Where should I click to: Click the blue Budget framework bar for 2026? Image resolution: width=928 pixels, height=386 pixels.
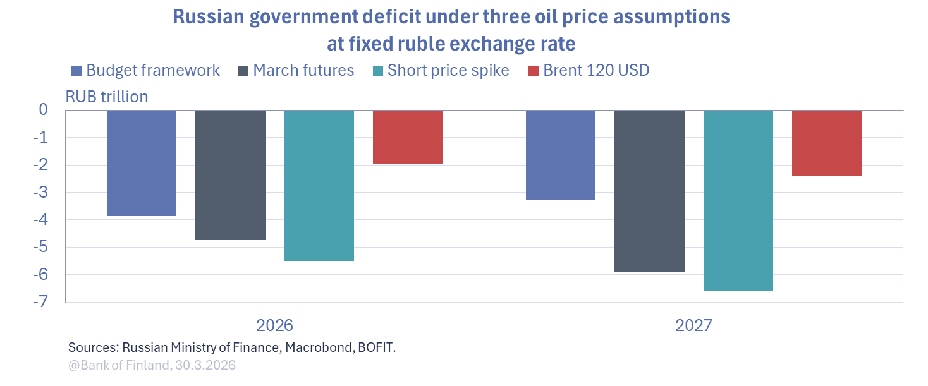tap(142, 163)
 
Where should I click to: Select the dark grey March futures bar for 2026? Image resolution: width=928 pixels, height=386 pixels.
tap(230, 175)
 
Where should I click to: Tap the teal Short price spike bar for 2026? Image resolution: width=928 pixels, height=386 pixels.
tap(319, 185)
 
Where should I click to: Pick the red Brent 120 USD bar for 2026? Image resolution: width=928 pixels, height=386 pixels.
tap(408, 136)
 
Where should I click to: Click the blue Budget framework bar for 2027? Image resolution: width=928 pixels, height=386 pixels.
tap(561, 155)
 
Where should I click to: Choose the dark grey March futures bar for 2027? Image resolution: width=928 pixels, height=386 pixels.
tap(650, 191)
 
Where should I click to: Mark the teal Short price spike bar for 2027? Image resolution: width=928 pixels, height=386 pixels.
tap(738, 200)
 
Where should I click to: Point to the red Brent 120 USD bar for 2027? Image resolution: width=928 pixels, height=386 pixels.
tap(827, 143)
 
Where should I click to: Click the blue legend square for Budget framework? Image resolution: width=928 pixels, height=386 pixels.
tap(76, 71)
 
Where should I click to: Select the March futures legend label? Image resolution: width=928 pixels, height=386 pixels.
tap(303, 70)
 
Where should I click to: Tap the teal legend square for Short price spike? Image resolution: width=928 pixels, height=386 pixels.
tap(378, 71)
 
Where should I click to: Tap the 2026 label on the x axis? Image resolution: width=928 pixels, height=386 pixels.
tap(274, 325)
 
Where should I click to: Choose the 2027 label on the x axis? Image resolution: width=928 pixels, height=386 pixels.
tap(693, 325)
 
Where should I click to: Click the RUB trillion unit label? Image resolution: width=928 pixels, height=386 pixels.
tap(107, 97)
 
